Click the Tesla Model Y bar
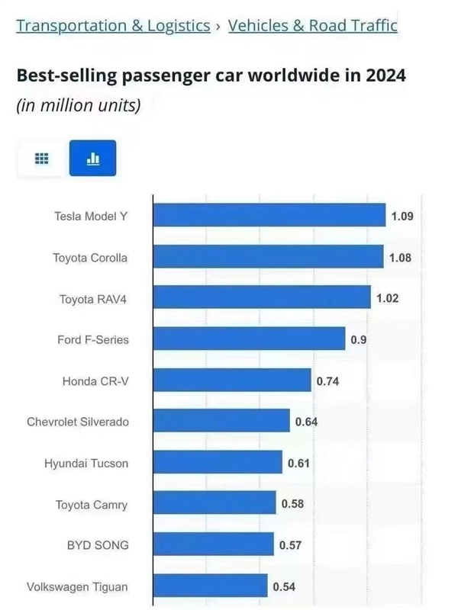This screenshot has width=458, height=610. point(269,216)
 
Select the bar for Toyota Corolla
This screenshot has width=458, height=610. point(268,257)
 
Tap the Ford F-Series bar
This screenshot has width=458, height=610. point(249,339)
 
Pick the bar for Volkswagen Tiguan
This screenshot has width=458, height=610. point(210,586)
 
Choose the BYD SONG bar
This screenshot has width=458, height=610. point(213,544)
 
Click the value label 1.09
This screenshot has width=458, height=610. point(402,217)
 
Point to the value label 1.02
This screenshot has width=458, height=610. point(387,298)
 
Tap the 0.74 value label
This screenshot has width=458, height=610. point(327,380)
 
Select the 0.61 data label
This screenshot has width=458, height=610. point(298,463)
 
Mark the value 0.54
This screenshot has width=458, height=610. point(283,586)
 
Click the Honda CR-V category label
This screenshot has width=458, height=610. point(95,380)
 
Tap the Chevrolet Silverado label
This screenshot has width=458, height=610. point(78,422)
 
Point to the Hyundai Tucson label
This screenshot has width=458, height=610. point(86,463)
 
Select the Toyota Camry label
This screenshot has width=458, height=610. point(92,504)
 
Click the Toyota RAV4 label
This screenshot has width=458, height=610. point(93,298)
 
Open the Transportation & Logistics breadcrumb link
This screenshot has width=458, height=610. point(113,25)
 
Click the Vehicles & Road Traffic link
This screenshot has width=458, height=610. point(312,25)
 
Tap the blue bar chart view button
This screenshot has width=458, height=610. point(92,159)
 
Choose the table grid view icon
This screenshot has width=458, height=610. point(41,159)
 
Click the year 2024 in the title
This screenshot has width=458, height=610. point(385,76)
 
